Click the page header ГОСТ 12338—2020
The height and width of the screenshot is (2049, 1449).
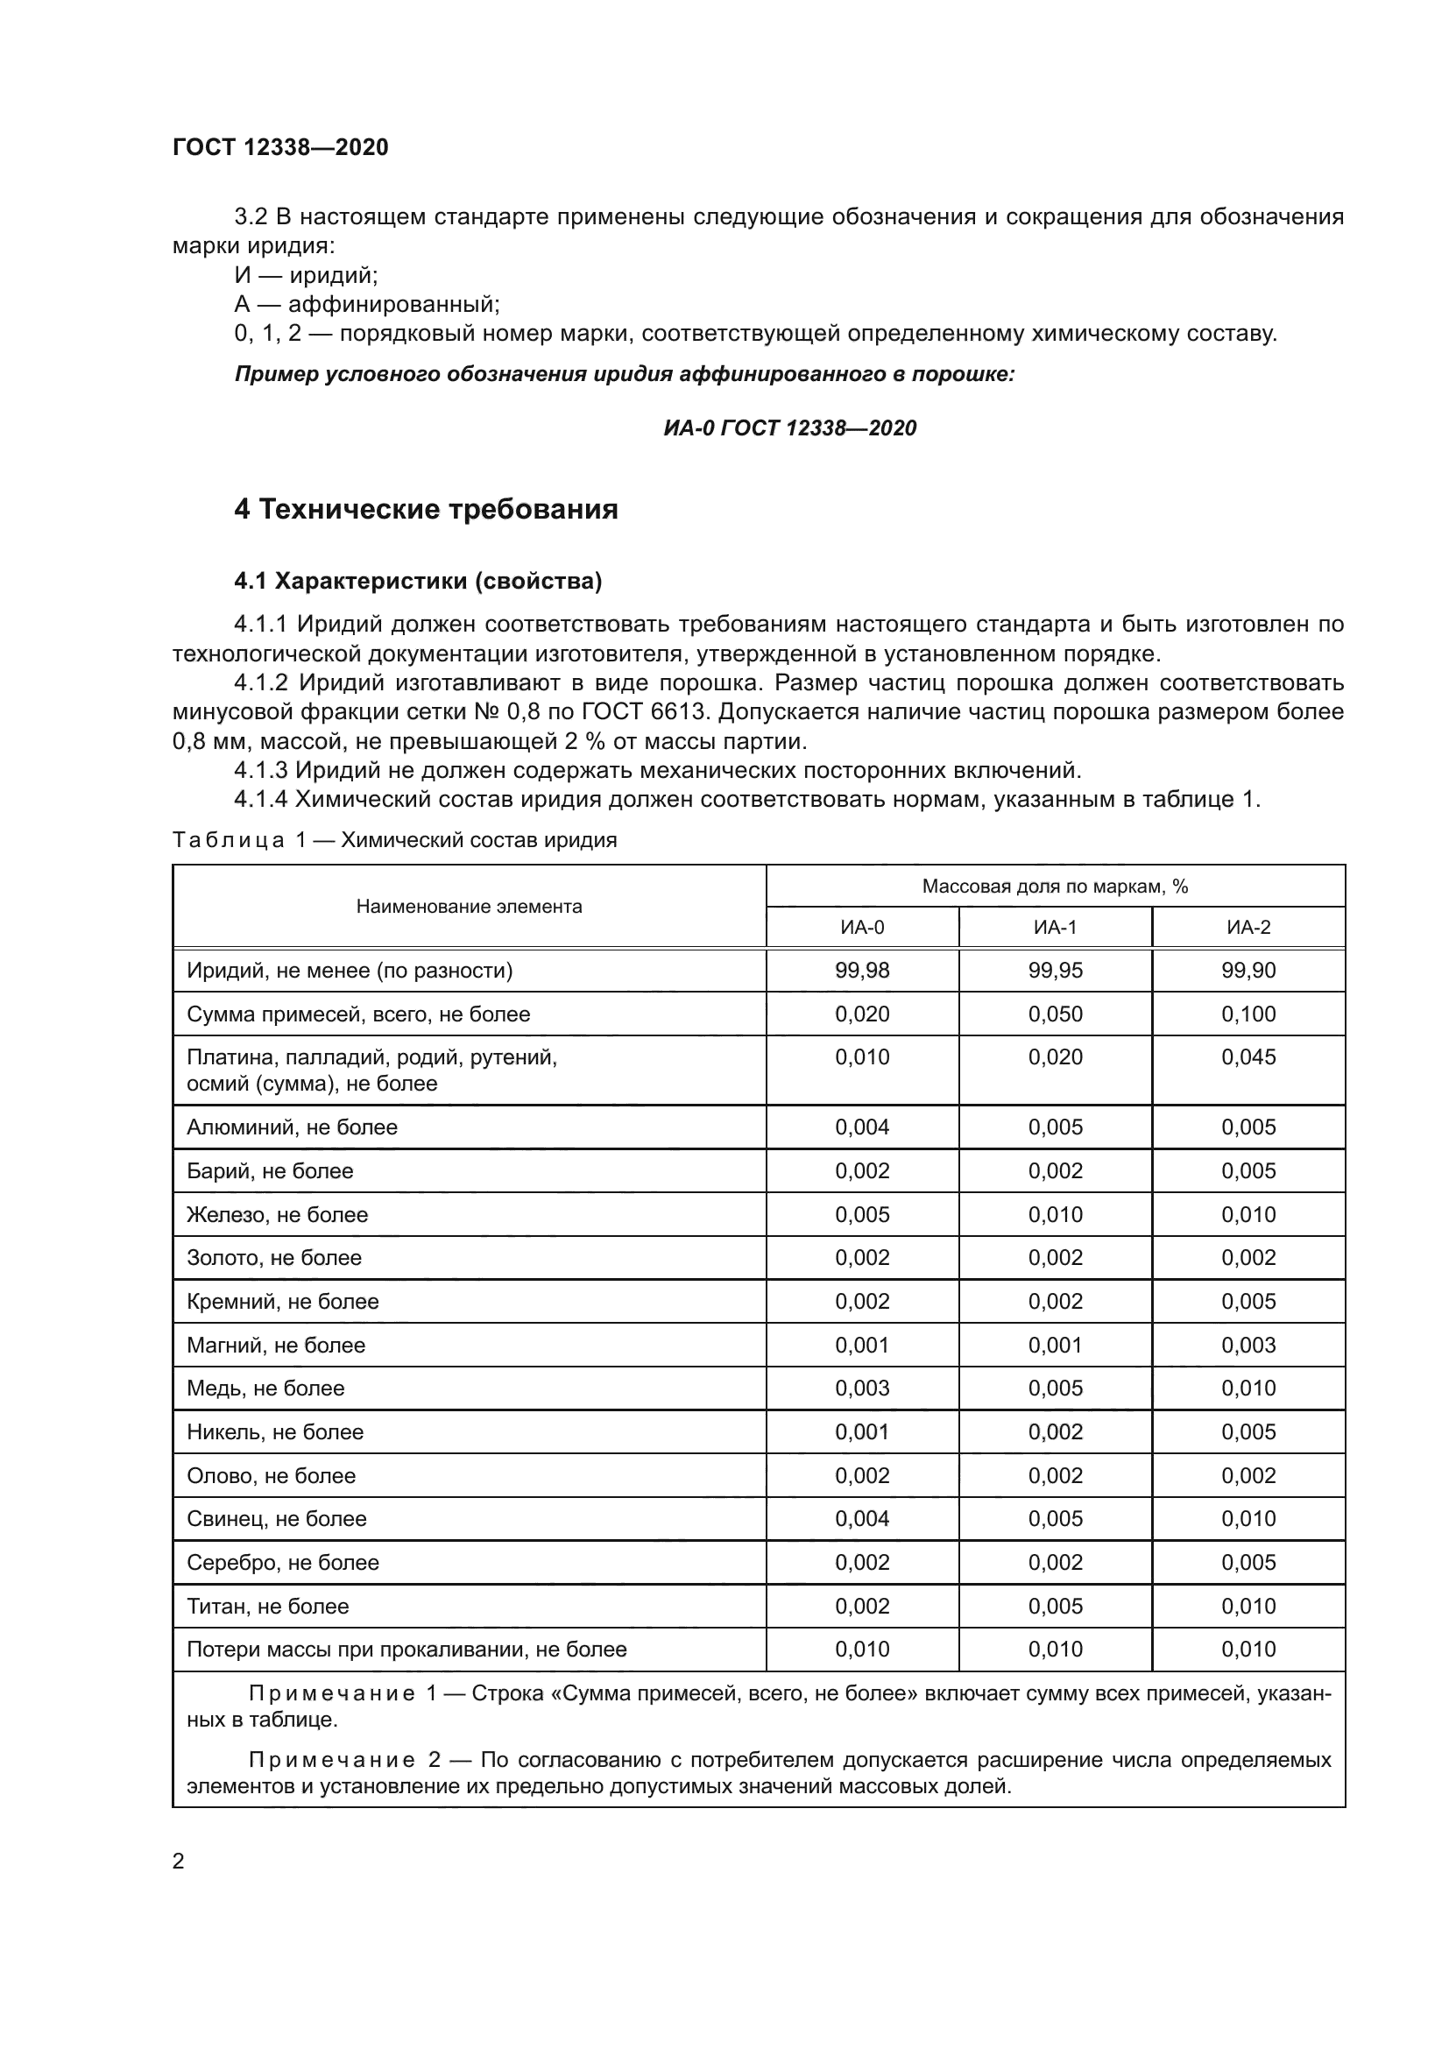[x=280, y=147]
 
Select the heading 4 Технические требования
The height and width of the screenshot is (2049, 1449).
[x=426, y=510]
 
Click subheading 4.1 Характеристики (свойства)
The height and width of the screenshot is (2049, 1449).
[x=418, y=581]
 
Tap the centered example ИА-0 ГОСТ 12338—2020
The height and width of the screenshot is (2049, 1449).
[x=789, y=428]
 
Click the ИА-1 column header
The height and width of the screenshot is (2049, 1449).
[x=1055, y=927]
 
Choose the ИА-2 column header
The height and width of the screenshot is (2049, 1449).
[x=1248, y=927]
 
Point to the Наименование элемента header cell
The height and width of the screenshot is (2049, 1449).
[x=469, y=907]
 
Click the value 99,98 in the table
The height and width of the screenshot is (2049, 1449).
[x=862, y=971]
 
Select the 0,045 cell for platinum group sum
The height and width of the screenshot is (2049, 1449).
[x=1248, y=1057]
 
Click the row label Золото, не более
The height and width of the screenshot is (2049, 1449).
[x=274, y=1258]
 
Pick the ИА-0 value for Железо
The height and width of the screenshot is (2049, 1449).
[x=862, y=1214]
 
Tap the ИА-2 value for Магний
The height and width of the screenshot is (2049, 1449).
[x=1248, y=1345]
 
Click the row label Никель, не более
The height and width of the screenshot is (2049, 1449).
[x=275, y=1432]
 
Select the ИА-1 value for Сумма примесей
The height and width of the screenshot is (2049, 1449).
[x=1055, y=1014]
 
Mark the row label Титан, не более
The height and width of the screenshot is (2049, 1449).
[x=268, y=1607]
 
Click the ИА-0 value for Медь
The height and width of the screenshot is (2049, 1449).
[x=862, y=1388]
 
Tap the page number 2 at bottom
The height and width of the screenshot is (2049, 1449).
[x=179, y=1862]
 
